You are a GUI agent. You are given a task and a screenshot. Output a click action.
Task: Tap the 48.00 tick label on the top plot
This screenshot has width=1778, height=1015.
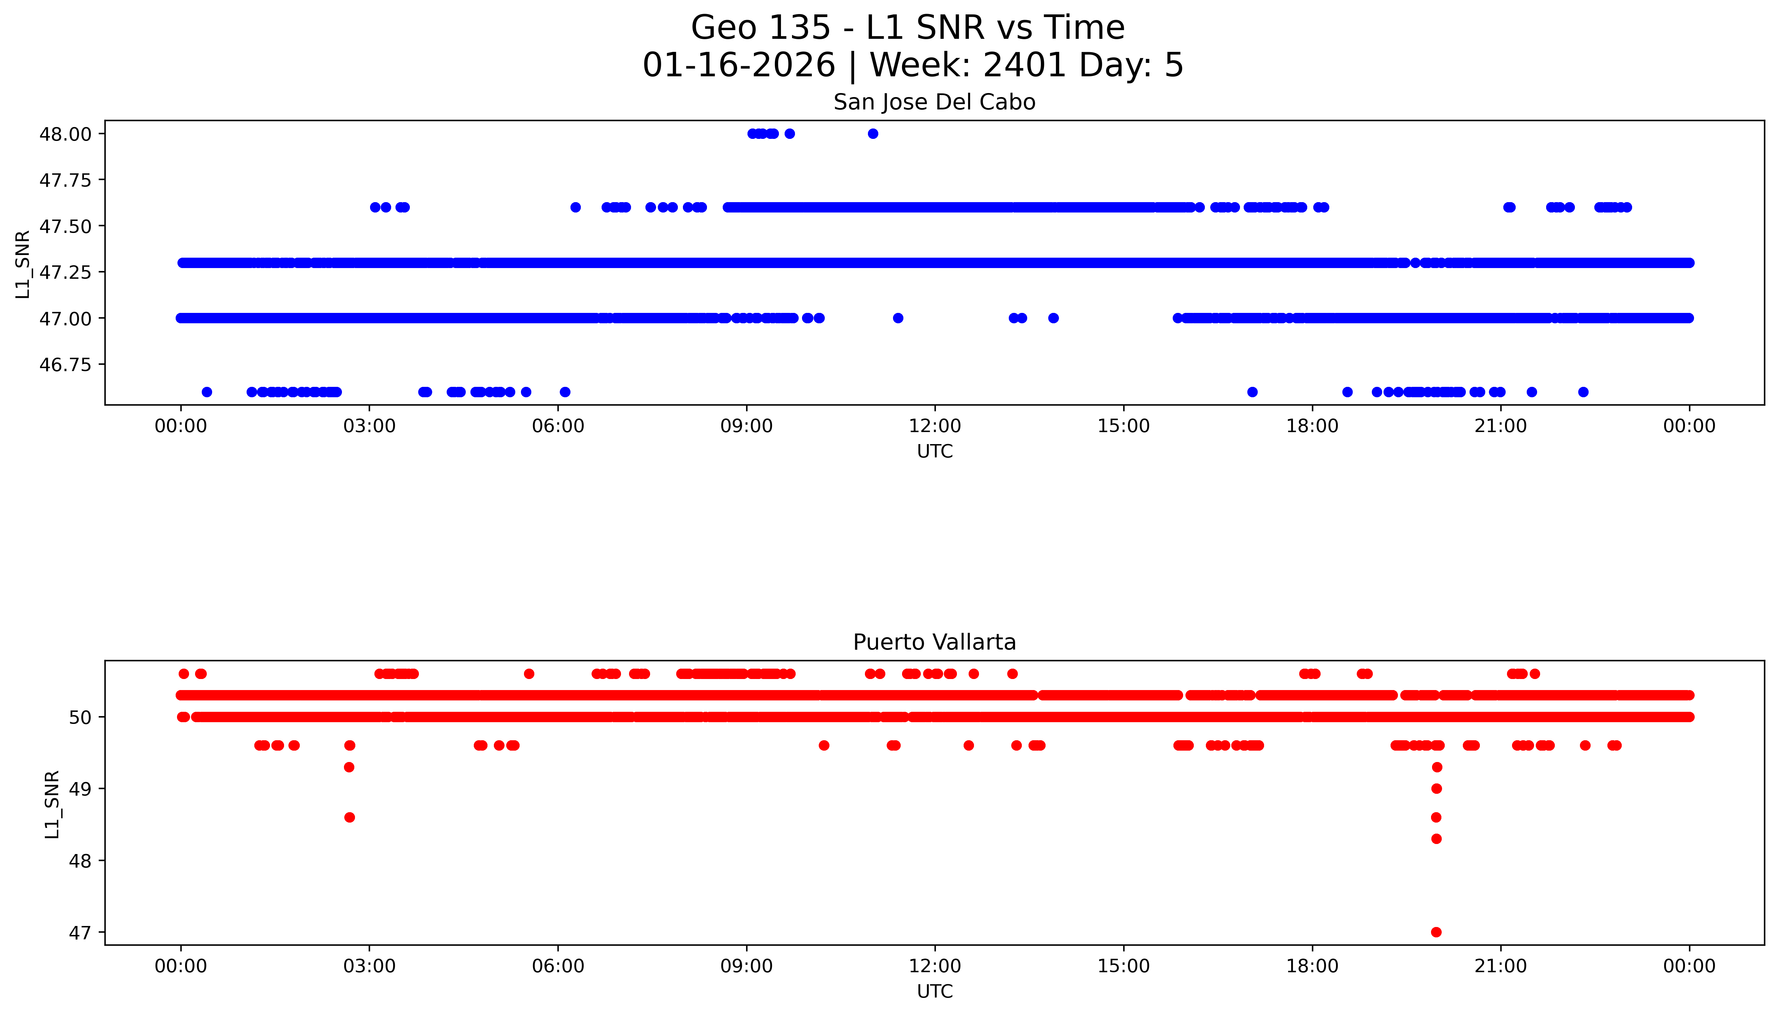click(x=65, y=134)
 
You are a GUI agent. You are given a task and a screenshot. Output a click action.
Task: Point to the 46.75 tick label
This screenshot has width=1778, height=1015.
click(x=65, y=364)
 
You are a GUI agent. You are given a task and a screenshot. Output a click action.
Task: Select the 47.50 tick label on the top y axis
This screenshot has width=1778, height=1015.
click(x=65, y=226)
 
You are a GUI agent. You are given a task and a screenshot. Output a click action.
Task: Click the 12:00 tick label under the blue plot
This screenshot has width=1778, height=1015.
click(x=935, y=426)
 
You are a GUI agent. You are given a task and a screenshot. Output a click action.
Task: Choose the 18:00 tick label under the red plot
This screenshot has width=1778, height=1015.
click(x=1312, y=966)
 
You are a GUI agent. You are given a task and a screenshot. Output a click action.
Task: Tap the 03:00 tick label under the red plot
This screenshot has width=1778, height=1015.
click(x=369, y=966)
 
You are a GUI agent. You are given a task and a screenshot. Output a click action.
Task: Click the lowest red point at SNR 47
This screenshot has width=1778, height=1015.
click(x=1436, y=932)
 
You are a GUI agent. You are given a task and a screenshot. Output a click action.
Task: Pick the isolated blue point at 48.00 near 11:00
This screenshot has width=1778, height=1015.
click(x=873, y=134)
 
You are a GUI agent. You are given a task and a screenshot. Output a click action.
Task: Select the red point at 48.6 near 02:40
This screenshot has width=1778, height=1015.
click(x=349, y=817)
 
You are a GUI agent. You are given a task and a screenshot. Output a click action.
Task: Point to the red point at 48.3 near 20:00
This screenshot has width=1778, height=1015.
click(x=1436, y=839)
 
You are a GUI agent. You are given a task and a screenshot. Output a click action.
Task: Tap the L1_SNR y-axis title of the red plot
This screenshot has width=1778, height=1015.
click(x=52, y=804)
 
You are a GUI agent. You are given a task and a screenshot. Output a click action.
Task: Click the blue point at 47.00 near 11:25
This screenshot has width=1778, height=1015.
click(x=898, y=318)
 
